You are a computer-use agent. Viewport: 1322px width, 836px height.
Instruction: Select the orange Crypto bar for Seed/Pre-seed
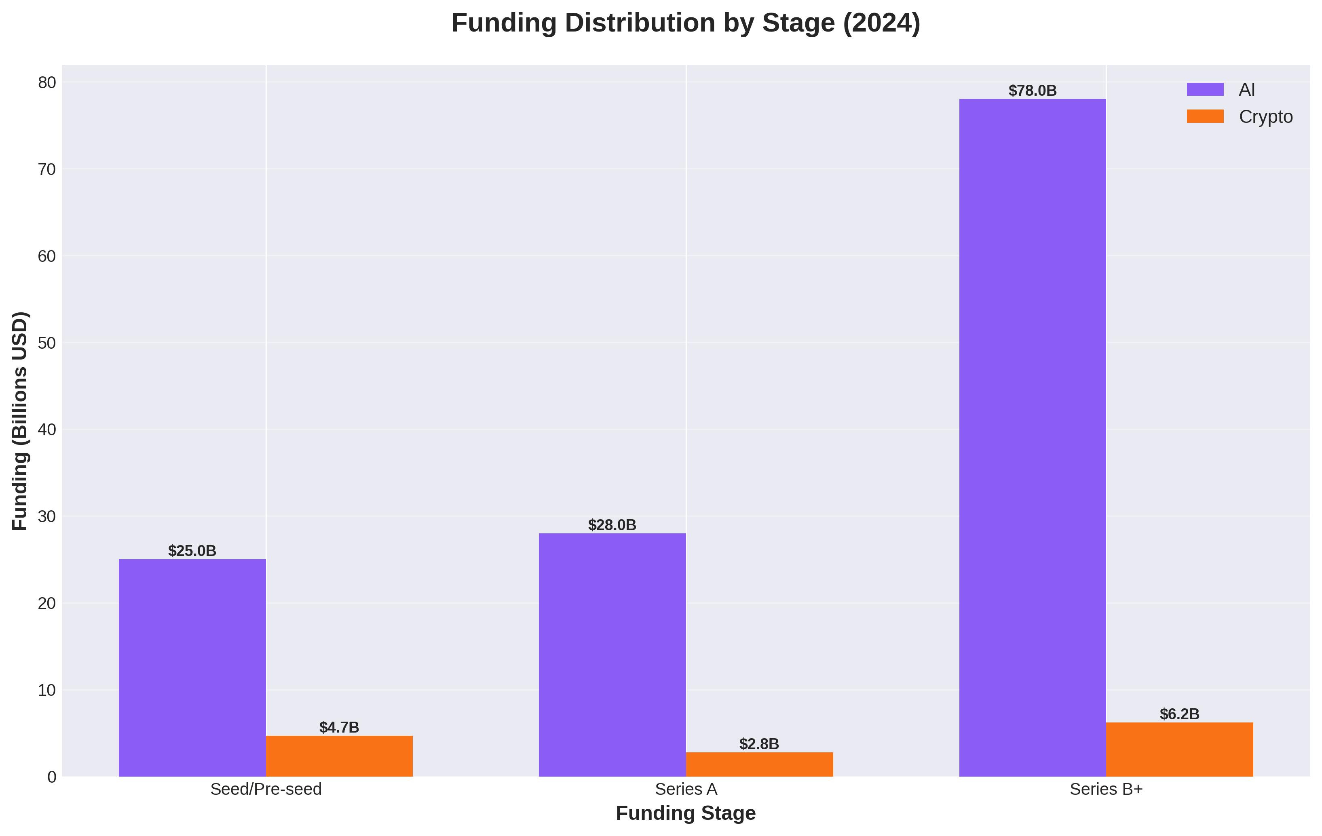click(x=339, y=756)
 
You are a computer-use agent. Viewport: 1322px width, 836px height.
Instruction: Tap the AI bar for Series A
click(x=612, y=655)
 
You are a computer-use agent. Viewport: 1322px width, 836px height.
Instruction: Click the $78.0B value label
click(x=1032, y=91)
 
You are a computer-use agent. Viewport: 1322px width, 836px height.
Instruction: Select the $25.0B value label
click(x=192, y=551)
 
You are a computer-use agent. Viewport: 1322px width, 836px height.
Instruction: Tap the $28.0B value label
click(x=612, y=525)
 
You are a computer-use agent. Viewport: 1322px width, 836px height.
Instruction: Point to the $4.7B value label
click(x=339, y=727)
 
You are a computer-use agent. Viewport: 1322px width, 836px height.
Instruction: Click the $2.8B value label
click(x=759, y=744)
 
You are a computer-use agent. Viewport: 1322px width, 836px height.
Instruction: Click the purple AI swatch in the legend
click(x=1205, y=89)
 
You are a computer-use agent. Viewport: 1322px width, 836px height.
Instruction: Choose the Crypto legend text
click(x=1265, y=117)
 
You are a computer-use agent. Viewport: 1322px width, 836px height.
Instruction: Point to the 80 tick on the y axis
click(x=47, y=82)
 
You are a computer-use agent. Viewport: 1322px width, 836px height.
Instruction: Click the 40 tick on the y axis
click(x=47, y=430)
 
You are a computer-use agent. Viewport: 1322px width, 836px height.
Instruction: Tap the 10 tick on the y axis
click(x=47, y=690)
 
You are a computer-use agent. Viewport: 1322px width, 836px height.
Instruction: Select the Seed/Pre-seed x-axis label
click(x=266, y=790)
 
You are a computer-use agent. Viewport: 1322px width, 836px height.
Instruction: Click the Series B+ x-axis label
click(x=1106, y=790)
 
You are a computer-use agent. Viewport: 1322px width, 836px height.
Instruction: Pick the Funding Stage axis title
click(x=686, y=813)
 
